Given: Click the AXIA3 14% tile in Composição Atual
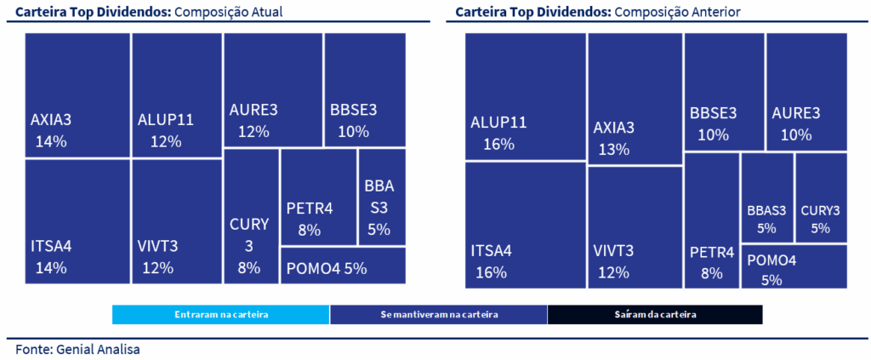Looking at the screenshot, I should click(x=77, y=95).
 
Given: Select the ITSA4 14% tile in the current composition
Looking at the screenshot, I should click(x=77, y=221).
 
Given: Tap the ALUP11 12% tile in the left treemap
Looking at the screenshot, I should click(x=176, y=95).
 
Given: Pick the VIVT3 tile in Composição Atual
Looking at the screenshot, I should click(x=176, y=221).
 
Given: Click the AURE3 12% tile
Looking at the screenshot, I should click(x=273, y=90).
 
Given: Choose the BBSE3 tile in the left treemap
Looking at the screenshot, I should click(x=365, y=90).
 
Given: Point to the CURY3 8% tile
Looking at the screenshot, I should click(x=251, y=216).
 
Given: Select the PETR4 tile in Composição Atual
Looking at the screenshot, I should click(x=317, y=197).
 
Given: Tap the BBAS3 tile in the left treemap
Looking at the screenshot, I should click(x=382, y=197).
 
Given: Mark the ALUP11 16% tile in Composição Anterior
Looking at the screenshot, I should click(x=525, y=97).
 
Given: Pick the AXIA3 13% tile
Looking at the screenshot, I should click(x=635, y=100).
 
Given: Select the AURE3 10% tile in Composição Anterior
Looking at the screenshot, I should click(x=806, y=92).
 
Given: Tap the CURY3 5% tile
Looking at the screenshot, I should click(x=821, y=198).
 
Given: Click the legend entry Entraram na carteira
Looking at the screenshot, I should click(x=220, y=315).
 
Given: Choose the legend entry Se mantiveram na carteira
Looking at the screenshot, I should click(x=439, y=315).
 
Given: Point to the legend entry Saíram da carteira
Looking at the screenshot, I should click(x=655, y=315).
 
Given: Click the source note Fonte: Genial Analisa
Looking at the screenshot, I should click(x=77, y=349).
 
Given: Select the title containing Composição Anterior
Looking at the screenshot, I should click(x=598, y=12).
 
